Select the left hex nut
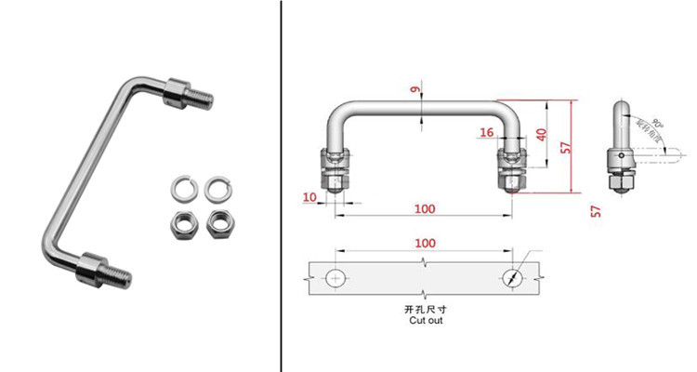pyautogui.click(x=182, y=222)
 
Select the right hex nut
pyautogui.click(x=221, y=222)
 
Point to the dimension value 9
pyautogui.click(x=415, y=89)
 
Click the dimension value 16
pyautogui.click(x=486, y=133)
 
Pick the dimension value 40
pyautogui.click(x=541, y=133)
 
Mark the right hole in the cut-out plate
pyautogui.click(x=514, y=278)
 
